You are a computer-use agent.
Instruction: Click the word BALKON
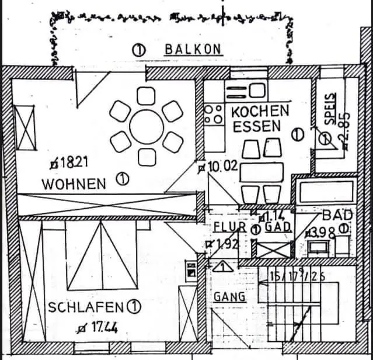(193, 49)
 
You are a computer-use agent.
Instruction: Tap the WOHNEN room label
(74, 184)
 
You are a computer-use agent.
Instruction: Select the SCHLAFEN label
(86, 307)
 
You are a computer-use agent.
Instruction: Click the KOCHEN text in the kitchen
(260, 110)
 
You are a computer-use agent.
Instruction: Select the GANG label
(229, 296)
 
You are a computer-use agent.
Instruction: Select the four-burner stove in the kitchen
(214, 113)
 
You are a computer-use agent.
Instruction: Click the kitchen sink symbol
(245, 91)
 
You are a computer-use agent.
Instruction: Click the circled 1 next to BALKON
(139, 50)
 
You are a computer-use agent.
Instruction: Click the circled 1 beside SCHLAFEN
(135, 306)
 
